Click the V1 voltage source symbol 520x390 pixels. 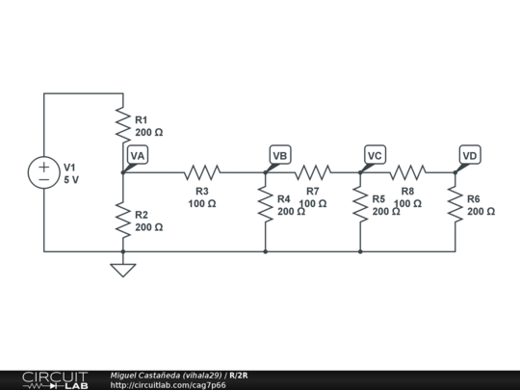coord(44,173)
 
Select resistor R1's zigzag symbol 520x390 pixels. coord(123,124)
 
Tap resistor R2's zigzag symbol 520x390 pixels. coord(123,220)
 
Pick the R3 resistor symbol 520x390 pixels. coord(202,172)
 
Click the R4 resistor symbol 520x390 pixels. coord(266,204)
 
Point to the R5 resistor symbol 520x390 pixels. coord(360,204)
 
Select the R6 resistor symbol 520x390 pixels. coord(455,204)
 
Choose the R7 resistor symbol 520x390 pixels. coord(312,172)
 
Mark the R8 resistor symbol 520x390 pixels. coord(407,172)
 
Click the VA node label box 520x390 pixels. coord(138,155)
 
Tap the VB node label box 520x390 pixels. coord(280,155)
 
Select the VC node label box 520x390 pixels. coord(375,155)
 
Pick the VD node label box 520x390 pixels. coord(469,155)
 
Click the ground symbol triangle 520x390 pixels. coord(123,270)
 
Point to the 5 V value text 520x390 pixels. coord(71,179)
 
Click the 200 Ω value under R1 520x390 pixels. coord(148,133)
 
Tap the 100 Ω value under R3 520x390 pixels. coord(202,204)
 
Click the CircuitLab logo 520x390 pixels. coord(54,379)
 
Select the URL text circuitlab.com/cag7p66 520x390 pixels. coord(169,385)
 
